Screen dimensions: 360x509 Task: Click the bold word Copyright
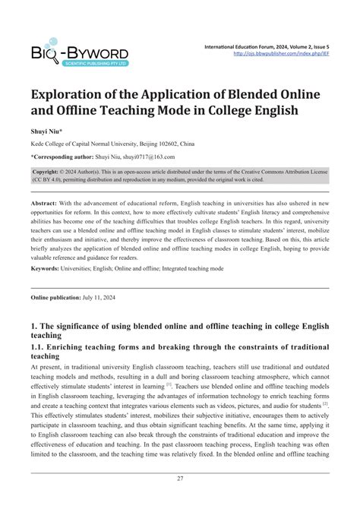50,172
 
